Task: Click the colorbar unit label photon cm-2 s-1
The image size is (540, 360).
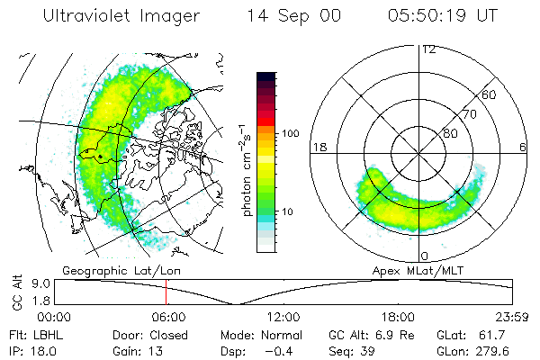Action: (247, 172)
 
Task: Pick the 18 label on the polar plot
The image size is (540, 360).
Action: (318, 147)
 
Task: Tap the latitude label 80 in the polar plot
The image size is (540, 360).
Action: (450, 133)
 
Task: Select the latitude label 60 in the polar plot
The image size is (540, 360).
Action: (490, 94)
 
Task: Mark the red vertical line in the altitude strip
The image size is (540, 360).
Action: (166, 292)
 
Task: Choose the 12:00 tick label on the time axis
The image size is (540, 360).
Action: (283, 317)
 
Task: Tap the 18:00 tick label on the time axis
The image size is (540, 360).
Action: (398, 317)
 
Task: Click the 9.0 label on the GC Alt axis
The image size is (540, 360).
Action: (41, 283)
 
